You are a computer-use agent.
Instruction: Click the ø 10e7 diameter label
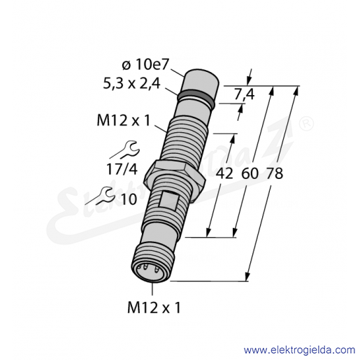(145, 64)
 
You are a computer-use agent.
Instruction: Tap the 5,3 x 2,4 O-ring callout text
(131, 83)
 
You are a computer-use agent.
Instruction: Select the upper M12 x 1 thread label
(124, 121)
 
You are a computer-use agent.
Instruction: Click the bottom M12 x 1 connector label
(154, 308)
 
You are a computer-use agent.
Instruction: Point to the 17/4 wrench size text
(122, 169)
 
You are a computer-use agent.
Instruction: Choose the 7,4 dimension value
(244, 94)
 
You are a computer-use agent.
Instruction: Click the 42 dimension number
(224, 173)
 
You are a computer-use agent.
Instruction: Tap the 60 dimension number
(250, 173)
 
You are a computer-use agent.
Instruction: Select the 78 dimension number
(275, 173)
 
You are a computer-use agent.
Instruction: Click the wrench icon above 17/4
(131, 149)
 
